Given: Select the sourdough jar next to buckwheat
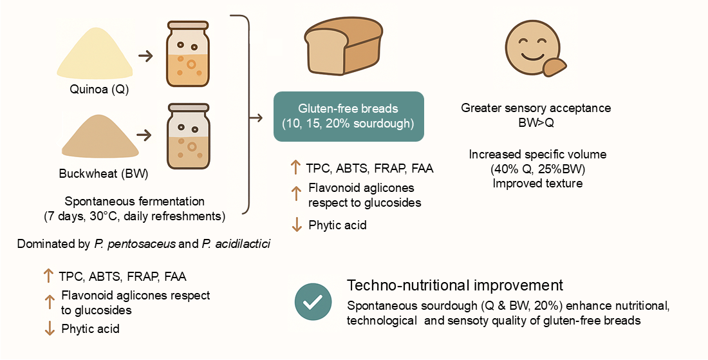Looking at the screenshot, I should click(x=188, y=135).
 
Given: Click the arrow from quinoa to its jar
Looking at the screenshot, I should click(x=145, y=56).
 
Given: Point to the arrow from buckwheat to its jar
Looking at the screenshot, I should click(x=145, y=135).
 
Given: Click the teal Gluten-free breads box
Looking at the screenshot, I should click(x=349, y=116).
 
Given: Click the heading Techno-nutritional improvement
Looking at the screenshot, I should click(x=454, y=285).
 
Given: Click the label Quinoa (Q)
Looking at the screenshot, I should click(x=99, y=90).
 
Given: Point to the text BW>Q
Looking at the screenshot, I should click(x=536, y=122).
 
